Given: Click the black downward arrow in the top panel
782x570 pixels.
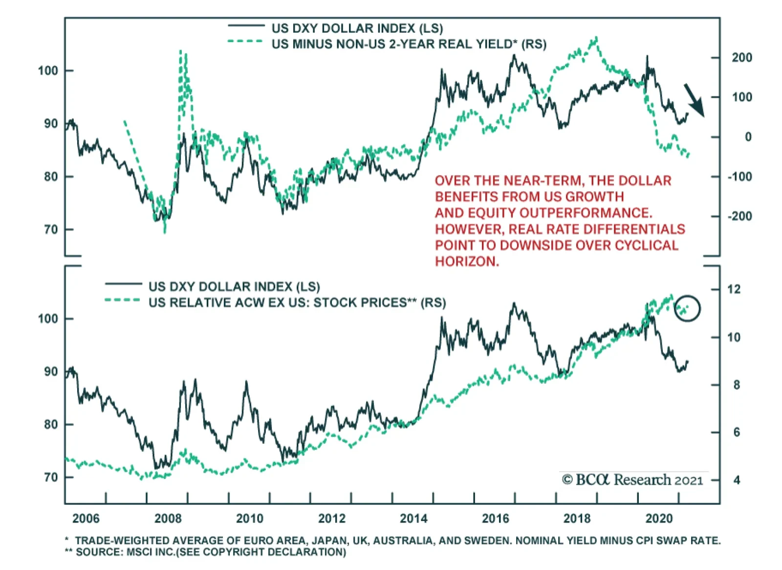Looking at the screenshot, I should (x=695, y=100).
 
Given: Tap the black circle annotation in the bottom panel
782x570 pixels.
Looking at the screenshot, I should (x=687, y=308).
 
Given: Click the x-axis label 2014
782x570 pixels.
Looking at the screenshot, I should (x=413, y=518).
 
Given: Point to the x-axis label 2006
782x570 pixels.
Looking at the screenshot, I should (x=86, y=518).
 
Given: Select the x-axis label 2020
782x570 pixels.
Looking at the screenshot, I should (x=659, y=518).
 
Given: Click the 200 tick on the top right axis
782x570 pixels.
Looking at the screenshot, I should (x=741, y=58).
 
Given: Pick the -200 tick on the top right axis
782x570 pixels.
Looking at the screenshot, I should (x=739, y=216).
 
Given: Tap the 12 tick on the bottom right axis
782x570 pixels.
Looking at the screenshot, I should (x=734, y=289).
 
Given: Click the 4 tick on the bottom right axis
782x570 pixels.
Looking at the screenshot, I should (x=737, y=480).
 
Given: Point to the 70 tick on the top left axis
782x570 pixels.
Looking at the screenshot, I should (x=51, y=229).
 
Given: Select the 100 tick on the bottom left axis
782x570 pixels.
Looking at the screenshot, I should (x=48, y=319).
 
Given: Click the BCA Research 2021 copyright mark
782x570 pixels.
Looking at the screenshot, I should (x=632, y=480).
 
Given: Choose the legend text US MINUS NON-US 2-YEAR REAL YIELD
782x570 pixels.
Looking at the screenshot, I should (x=409, y=44).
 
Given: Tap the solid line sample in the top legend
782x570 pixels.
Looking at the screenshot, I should (x=246, y=26).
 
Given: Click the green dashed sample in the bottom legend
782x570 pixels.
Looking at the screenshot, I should (x=122, y=300).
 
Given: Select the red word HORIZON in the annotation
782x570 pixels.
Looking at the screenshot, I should (x=467, y=262).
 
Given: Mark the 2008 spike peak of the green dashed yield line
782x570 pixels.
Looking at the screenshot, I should (x=181, y=51).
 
